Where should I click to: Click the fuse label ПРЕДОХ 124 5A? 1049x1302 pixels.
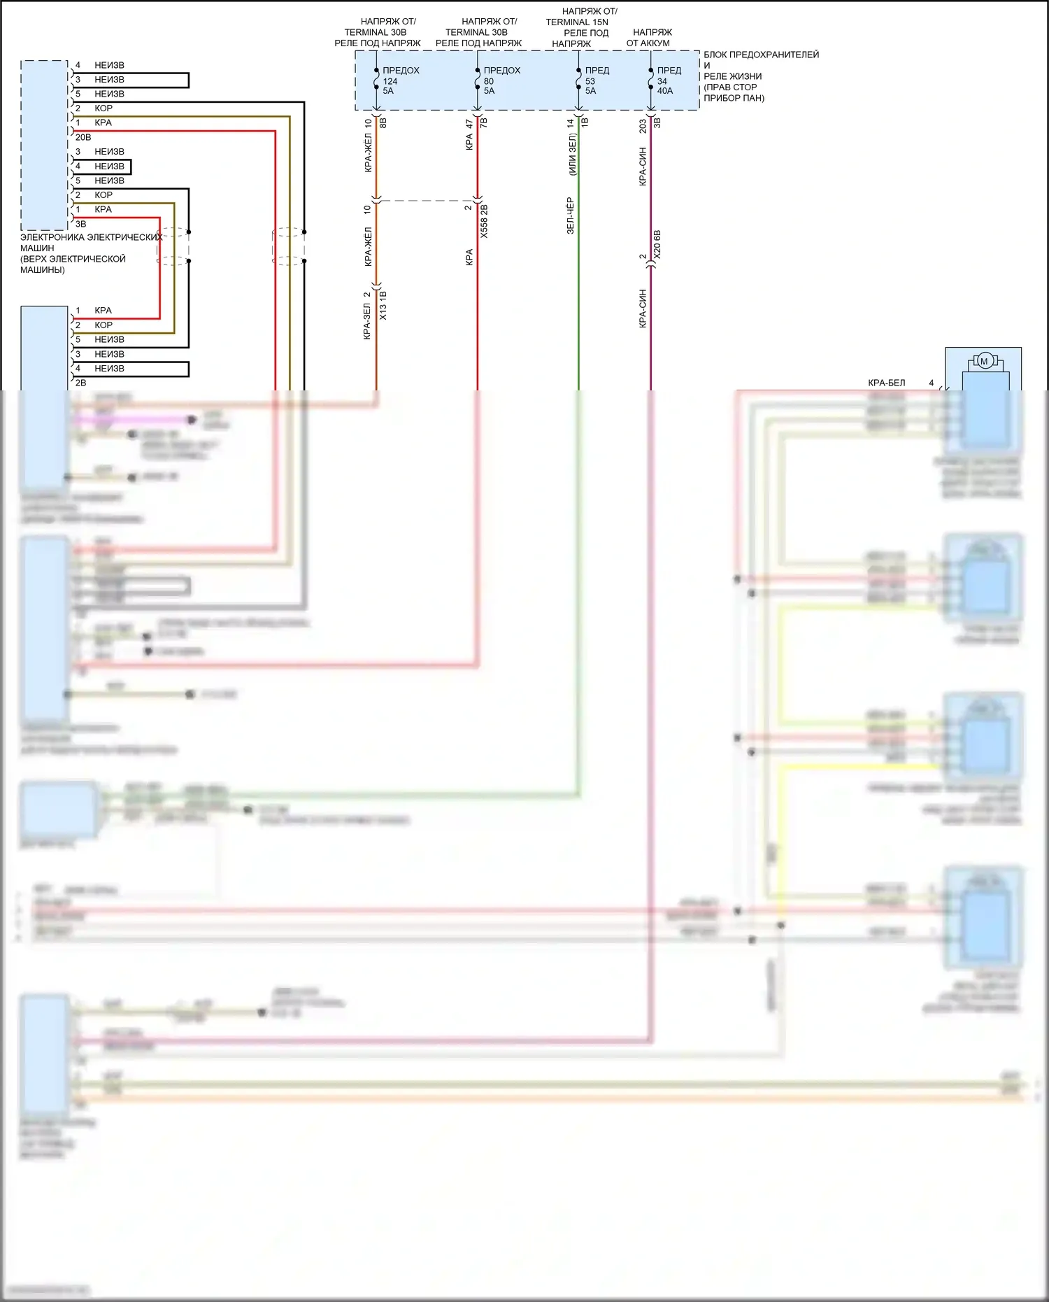coord(400,80)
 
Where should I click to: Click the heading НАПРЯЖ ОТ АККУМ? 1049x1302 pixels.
coord(649,38)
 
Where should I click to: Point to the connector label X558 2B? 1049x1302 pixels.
coord(484,221)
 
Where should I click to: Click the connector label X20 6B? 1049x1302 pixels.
coord(657,245)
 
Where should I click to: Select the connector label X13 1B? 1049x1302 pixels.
coord(383,306)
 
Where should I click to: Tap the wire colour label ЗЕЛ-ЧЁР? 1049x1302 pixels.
coord(570,215)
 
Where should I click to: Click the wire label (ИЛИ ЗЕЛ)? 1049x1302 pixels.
coord(573,155)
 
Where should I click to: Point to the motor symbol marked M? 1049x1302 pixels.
coord(984,362)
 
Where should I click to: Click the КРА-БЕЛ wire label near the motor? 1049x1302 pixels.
coord(886,383)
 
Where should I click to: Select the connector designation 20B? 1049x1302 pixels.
coord(83,137)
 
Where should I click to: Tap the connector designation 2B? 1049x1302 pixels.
coord(81,383)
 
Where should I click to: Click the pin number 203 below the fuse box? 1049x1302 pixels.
coord(643,127)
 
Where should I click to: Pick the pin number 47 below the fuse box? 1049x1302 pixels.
coord(469,124)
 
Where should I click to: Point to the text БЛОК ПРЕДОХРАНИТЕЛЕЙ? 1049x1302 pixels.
coord(761,55)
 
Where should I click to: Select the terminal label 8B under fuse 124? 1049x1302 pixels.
coord(383,123)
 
